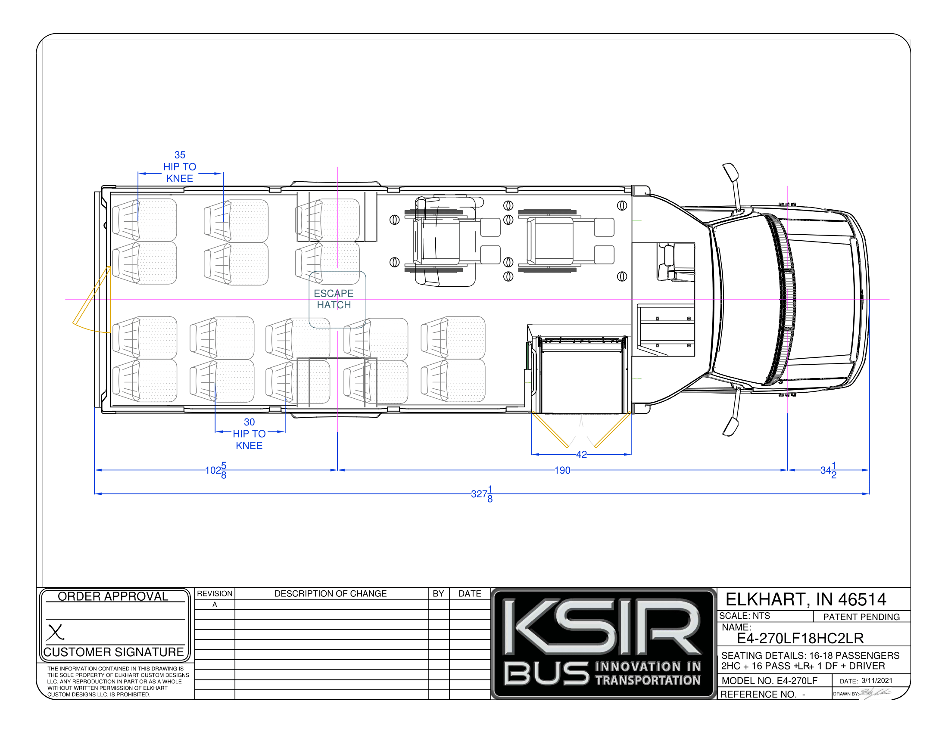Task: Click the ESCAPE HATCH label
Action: click(334, 299)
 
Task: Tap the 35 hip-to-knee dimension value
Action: click(180, 155)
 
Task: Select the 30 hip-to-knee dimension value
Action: click(249, 422)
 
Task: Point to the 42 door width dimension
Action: click(581, 454)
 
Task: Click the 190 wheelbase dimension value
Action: click(562, 471)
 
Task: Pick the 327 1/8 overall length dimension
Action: click(482, 494)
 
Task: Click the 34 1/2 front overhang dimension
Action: click(828, 471)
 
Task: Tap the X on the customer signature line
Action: click(55, 632)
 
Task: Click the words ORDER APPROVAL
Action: click(113, 596)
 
